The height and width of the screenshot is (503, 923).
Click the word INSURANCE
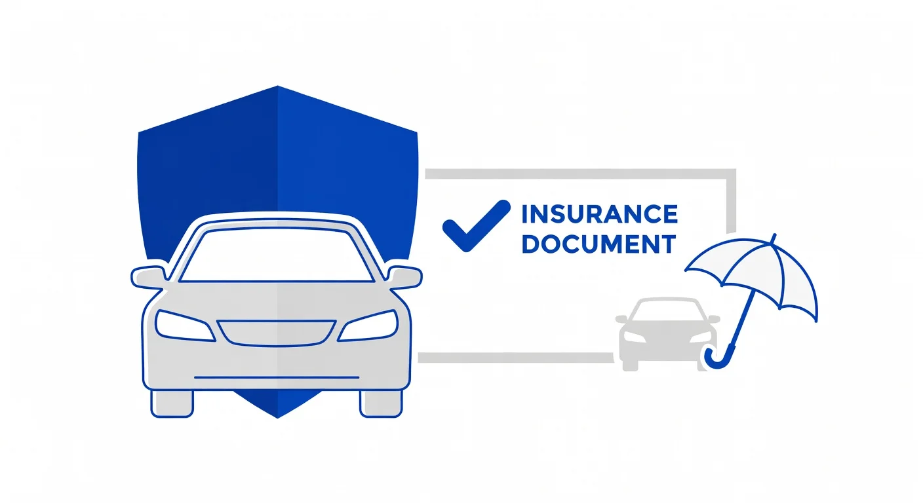[x=600, y=214]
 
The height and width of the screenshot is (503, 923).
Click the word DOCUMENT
[x=599, y=244]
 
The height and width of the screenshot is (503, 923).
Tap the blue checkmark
[x=477, y=225]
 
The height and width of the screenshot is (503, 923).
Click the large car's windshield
[x=277, y=255]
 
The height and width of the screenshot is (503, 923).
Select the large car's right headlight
[x=368, y=326]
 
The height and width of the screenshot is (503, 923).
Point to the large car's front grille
[x=277, y=333]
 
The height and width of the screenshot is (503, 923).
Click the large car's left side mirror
[x=147, y=277]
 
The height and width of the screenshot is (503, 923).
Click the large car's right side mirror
[x=405, y=277]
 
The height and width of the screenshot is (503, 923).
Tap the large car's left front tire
[x=172, y=404]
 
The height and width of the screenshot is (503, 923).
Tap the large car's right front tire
[x=381, y=404]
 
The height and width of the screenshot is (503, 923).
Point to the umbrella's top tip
[x=775, y=235]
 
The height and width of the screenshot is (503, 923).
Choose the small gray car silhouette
[x=667, y=334]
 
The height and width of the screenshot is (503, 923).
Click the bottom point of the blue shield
[x=277, y=417]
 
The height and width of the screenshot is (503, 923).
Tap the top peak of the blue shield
[x=277, y=86]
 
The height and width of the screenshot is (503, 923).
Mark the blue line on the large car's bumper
[x=277, y=377]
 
